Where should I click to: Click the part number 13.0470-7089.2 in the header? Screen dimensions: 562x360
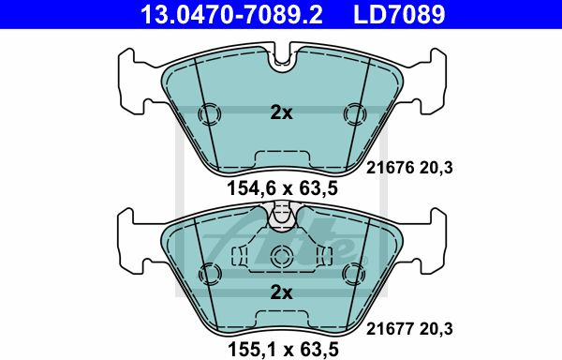(x=231, y=14)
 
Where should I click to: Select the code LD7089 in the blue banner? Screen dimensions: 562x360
(x=399, y=14)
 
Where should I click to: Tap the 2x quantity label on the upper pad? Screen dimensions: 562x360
(x=281, y=112)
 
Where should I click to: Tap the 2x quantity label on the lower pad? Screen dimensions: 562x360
(x=281, y=292)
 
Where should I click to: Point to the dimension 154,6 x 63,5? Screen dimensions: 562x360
(x=283, y=188)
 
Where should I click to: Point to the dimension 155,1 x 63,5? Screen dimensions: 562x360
(x=283, y=349)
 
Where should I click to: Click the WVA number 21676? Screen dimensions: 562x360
(x=390, y=168)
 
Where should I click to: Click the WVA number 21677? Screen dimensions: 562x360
(x=390, y=328)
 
